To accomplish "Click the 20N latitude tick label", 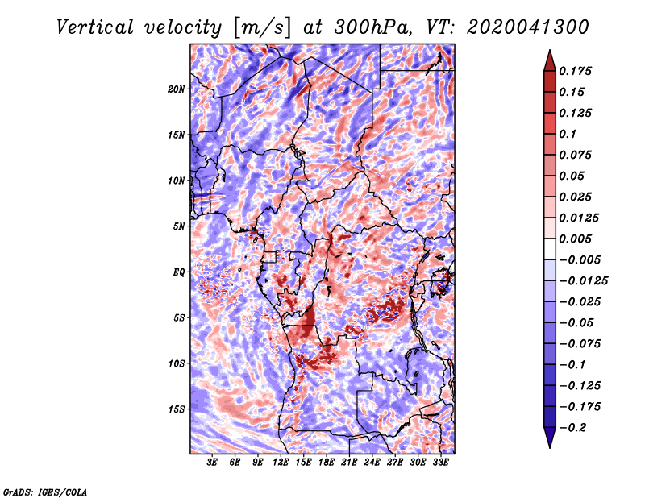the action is click(x=177, y=89).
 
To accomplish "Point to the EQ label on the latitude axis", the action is click(x=179, y=272).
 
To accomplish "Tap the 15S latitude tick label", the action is click(x=177, y=409).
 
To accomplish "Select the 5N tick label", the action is click(x=179, y=226).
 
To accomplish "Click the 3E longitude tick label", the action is click(x=212, y=462).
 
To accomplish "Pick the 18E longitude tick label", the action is click(x=327, y=462).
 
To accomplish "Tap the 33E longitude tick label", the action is click(x=440, y=462).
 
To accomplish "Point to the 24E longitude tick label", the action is click(x=372, y=462).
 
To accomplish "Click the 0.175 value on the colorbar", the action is click(x=575, y=71).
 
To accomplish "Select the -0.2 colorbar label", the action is click(x=572, y=428).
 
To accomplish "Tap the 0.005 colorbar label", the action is click(x=575, y=239).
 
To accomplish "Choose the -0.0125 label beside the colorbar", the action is click(x=583, y=281).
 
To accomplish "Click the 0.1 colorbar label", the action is click(x=568, y=134).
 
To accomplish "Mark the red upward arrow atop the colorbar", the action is click(x=550, y=60).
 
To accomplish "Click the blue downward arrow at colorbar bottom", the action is click(x=550, y=438).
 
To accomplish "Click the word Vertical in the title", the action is click(x=95, y=27).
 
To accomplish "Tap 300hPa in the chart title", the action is click(x=372, y=27).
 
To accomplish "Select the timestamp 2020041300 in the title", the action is click(x=528, y=27).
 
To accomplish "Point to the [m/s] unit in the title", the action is click(x=262, y=27).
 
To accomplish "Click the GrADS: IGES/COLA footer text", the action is click(x=45, y=492).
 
